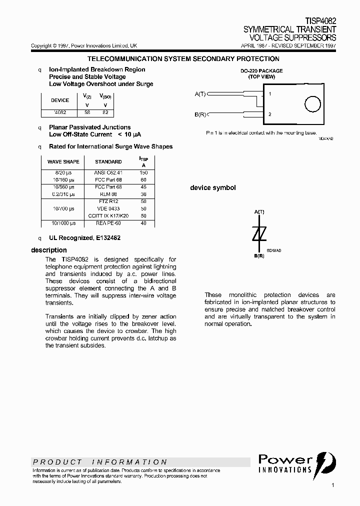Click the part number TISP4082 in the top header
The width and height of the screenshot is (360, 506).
[320, 21]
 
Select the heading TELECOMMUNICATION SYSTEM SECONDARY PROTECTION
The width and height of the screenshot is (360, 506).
[183, 59]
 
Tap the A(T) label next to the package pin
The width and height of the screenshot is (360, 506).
[200, 94]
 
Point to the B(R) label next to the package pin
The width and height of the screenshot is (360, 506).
[200, 114]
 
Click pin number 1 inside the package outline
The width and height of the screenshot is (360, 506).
[270, 94]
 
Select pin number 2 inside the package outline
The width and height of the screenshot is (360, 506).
[270, 114]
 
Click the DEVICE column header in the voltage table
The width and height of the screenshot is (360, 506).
[60, 100]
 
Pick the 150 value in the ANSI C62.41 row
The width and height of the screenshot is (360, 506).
[143, 172]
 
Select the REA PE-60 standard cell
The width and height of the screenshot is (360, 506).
[108, 223]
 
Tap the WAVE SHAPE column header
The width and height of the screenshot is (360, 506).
[63, 161]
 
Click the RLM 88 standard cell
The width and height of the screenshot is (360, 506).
[108, 194]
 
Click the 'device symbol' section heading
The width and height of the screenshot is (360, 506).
[212, 188]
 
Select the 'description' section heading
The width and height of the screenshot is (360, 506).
[49, 250]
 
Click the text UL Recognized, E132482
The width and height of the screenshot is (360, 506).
[84, 238]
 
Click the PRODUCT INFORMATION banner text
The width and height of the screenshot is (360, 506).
[100, 462]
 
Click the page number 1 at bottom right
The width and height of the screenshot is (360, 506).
[333, 485]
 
